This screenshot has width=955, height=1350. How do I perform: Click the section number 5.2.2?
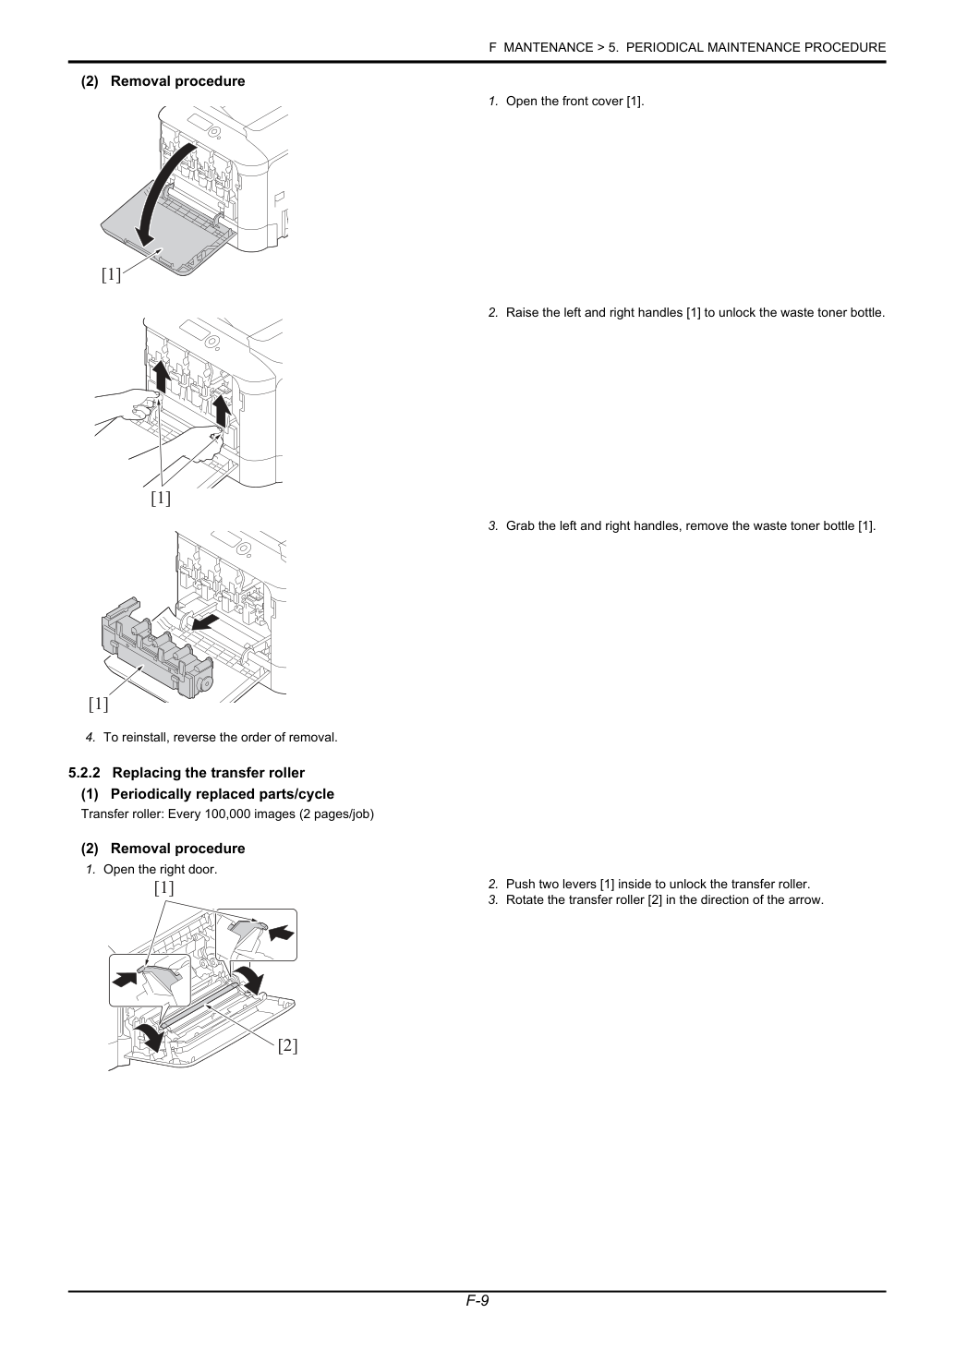point(84,773)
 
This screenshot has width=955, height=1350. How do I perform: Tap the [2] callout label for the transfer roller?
point(287,1045)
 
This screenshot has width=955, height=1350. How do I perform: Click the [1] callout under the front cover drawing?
point(111,275)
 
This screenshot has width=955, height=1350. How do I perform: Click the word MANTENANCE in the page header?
point(548,48)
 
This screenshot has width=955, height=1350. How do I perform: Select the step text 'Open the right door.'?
point(161,869)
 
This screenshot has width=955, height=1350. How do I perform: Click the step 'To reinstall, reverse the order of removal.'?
point(221,737)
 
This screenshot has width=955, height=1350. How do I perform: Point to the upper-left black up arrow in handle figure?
point(161,377)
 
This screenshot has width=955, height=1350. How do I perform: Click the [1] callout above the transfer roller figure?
point(164,887)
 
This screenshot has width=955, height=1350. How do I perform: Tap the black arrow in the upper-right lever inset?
point(282,934)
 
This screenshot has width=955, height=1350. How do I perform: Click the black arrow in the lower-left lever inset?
point(124,980)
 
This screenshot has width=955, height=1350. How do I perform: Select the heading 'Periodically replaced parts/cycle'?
point(222,794)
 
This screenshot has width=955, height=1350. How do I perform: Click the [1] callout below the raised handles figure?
point(161,498)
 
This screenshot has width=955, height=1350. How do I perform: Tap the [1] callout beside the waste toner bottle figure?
point(98,704)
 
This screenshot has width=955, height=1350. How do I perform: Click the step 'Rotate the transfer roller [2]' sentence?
point(664,899)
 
